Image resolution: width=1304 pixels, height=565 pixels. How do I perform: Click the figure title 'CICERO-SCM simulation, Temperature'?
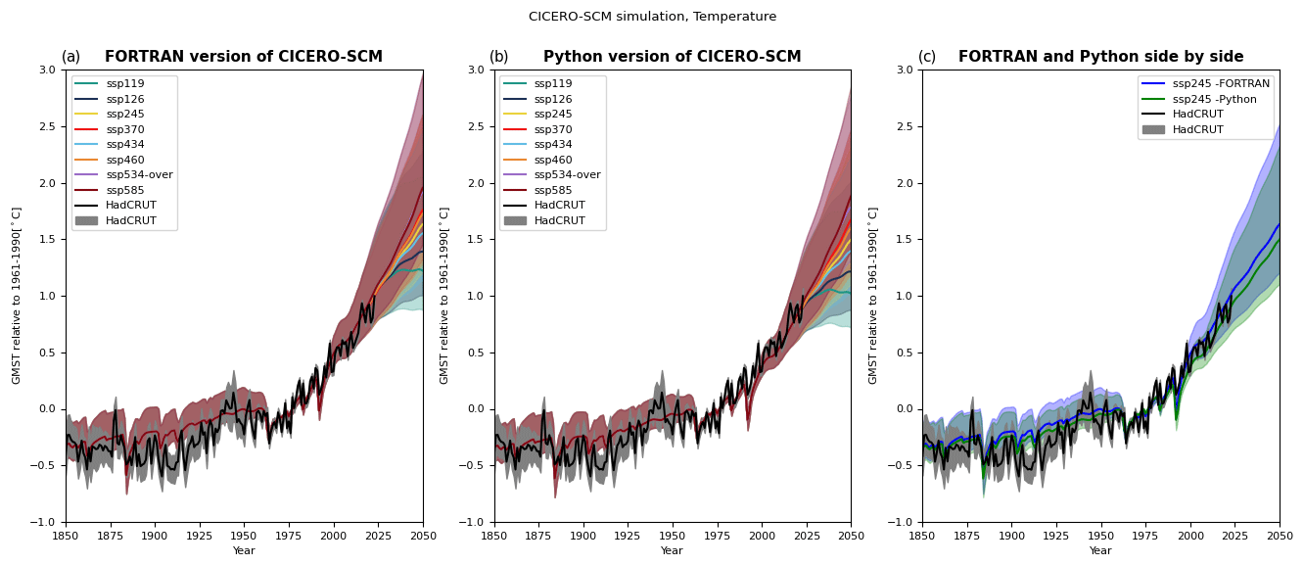pyautogui.click(x=652, y=17)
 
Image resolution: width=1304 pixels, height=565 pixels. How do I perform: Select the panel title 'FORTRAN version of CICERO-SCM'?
pyautogui.click(x=244, y=57)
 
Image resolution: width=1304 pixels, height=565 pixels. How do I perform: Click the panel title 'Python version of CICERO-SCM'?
pyautogui.click(x=672, y=57)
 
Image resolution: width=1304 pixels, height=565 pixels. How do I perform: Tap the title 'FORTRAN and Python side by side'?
pyautogui.click(x=1100, y=57)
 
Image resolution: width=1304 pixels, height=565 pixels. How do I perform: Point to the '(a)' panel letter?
pyautogui.click(x=71, y=57)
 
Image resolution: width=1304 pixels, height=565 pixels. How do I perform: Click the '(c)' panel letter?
pyautogui.click(x=927, y=57)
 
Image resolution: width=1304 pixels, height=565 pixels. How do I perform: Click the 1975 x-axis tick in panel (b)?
pyautogui.click(x=717, y=536)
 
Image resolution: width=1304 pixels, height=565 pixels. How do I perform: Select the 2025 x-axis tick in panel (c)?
pyautogui.click(x=1234, y=536)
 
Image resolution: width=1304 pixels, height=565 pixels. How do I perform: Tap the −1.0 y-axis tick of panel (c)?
pyautogui.click(x=905, y=522)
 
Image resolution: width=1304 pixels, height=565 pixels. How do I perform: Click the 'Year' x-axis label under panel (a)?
pyautogui.click(x=244, y=551)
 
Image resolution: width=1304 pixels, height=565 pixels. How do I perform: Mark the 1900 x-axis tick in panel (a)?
pyautogui.click(x=155, y=536)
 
